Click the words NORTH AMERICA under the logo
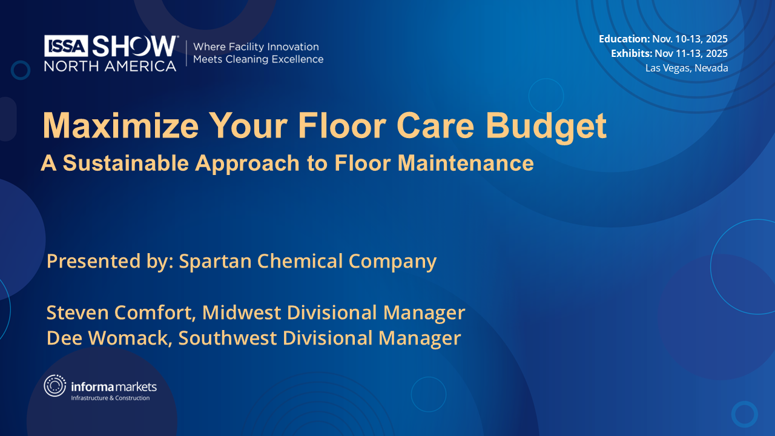tap(110, 65)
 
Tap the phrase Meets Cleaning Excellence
tap(258, 59)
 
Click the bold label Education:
tap(624, 39)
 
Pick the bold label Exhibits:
tap(631, 53)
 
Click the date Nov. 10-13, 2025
tap(690, 39)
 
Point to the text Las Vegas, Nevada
tap(687, 68)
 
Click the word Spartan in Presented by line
tap(215, 261)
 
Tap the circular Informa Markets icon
tap(55, 386)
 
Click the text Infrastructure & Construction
tap(110, 398)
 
